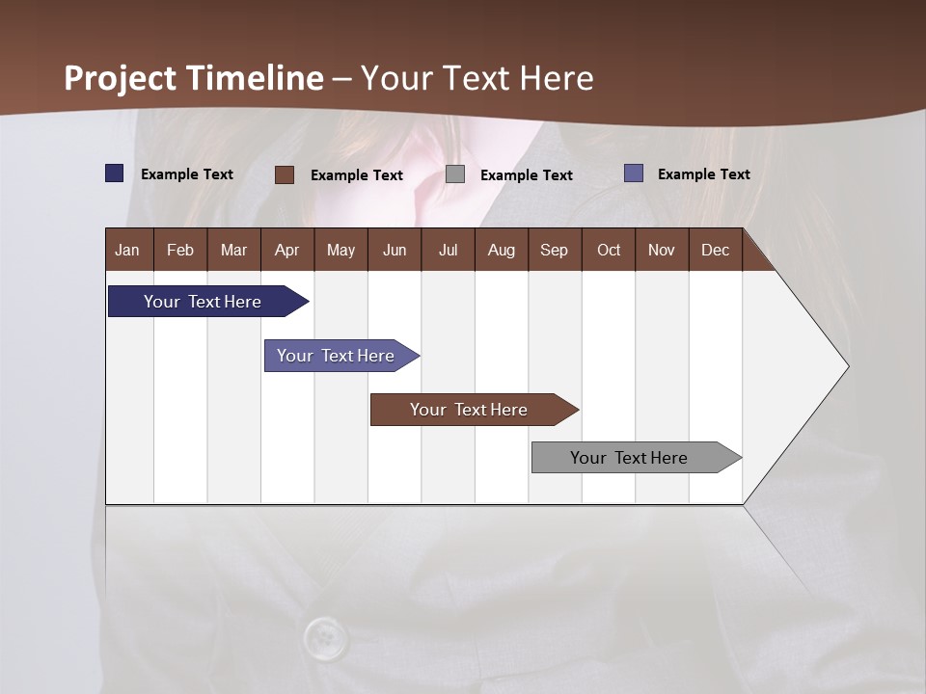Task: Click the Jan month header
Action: click(127, 251)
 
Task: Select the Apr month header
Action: click(286, 251)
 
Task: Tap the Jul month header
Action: click(448, 251)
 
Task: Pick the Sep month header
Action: click(554, 251)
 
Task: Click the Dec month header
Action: click(715, 251)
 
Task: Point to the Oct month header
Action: click(609, 251)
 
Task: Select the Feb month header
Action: click(180, 251)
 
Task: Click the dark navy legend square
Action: click(115, 173)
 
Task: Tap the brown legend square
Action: click(285, 174)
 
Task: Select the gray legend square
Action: click(455, 174)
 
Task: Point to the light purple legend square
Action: click(634, 173)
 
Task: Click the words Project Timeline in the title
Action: click(193, 78)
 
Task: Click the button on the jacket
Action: click(326, 637)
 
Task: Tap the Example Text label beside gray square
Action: click(526, 175)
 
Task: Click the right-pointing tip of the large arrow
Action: click(845, 366)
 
